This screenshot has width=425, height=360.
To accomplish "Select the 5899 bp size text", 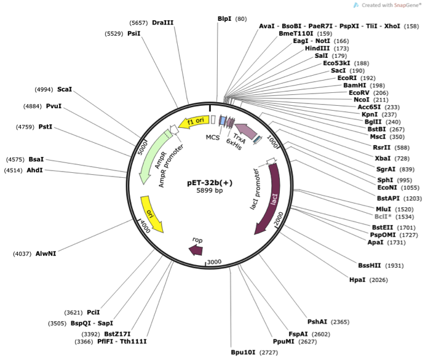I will coord(209,191).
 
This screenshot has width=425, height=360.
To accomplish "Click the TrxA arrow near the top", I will coord(242,130).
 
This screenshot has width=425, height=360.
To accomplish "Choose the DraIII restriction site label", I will coord(163,23).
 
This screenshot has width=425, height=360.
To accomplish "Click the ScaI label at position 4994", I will coord(65,89).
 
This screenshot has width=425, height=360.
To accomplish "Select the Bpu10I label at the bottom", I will coord(243,352).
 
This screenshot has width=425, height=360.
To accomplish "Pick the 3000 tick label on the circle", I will coord(213,262).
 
